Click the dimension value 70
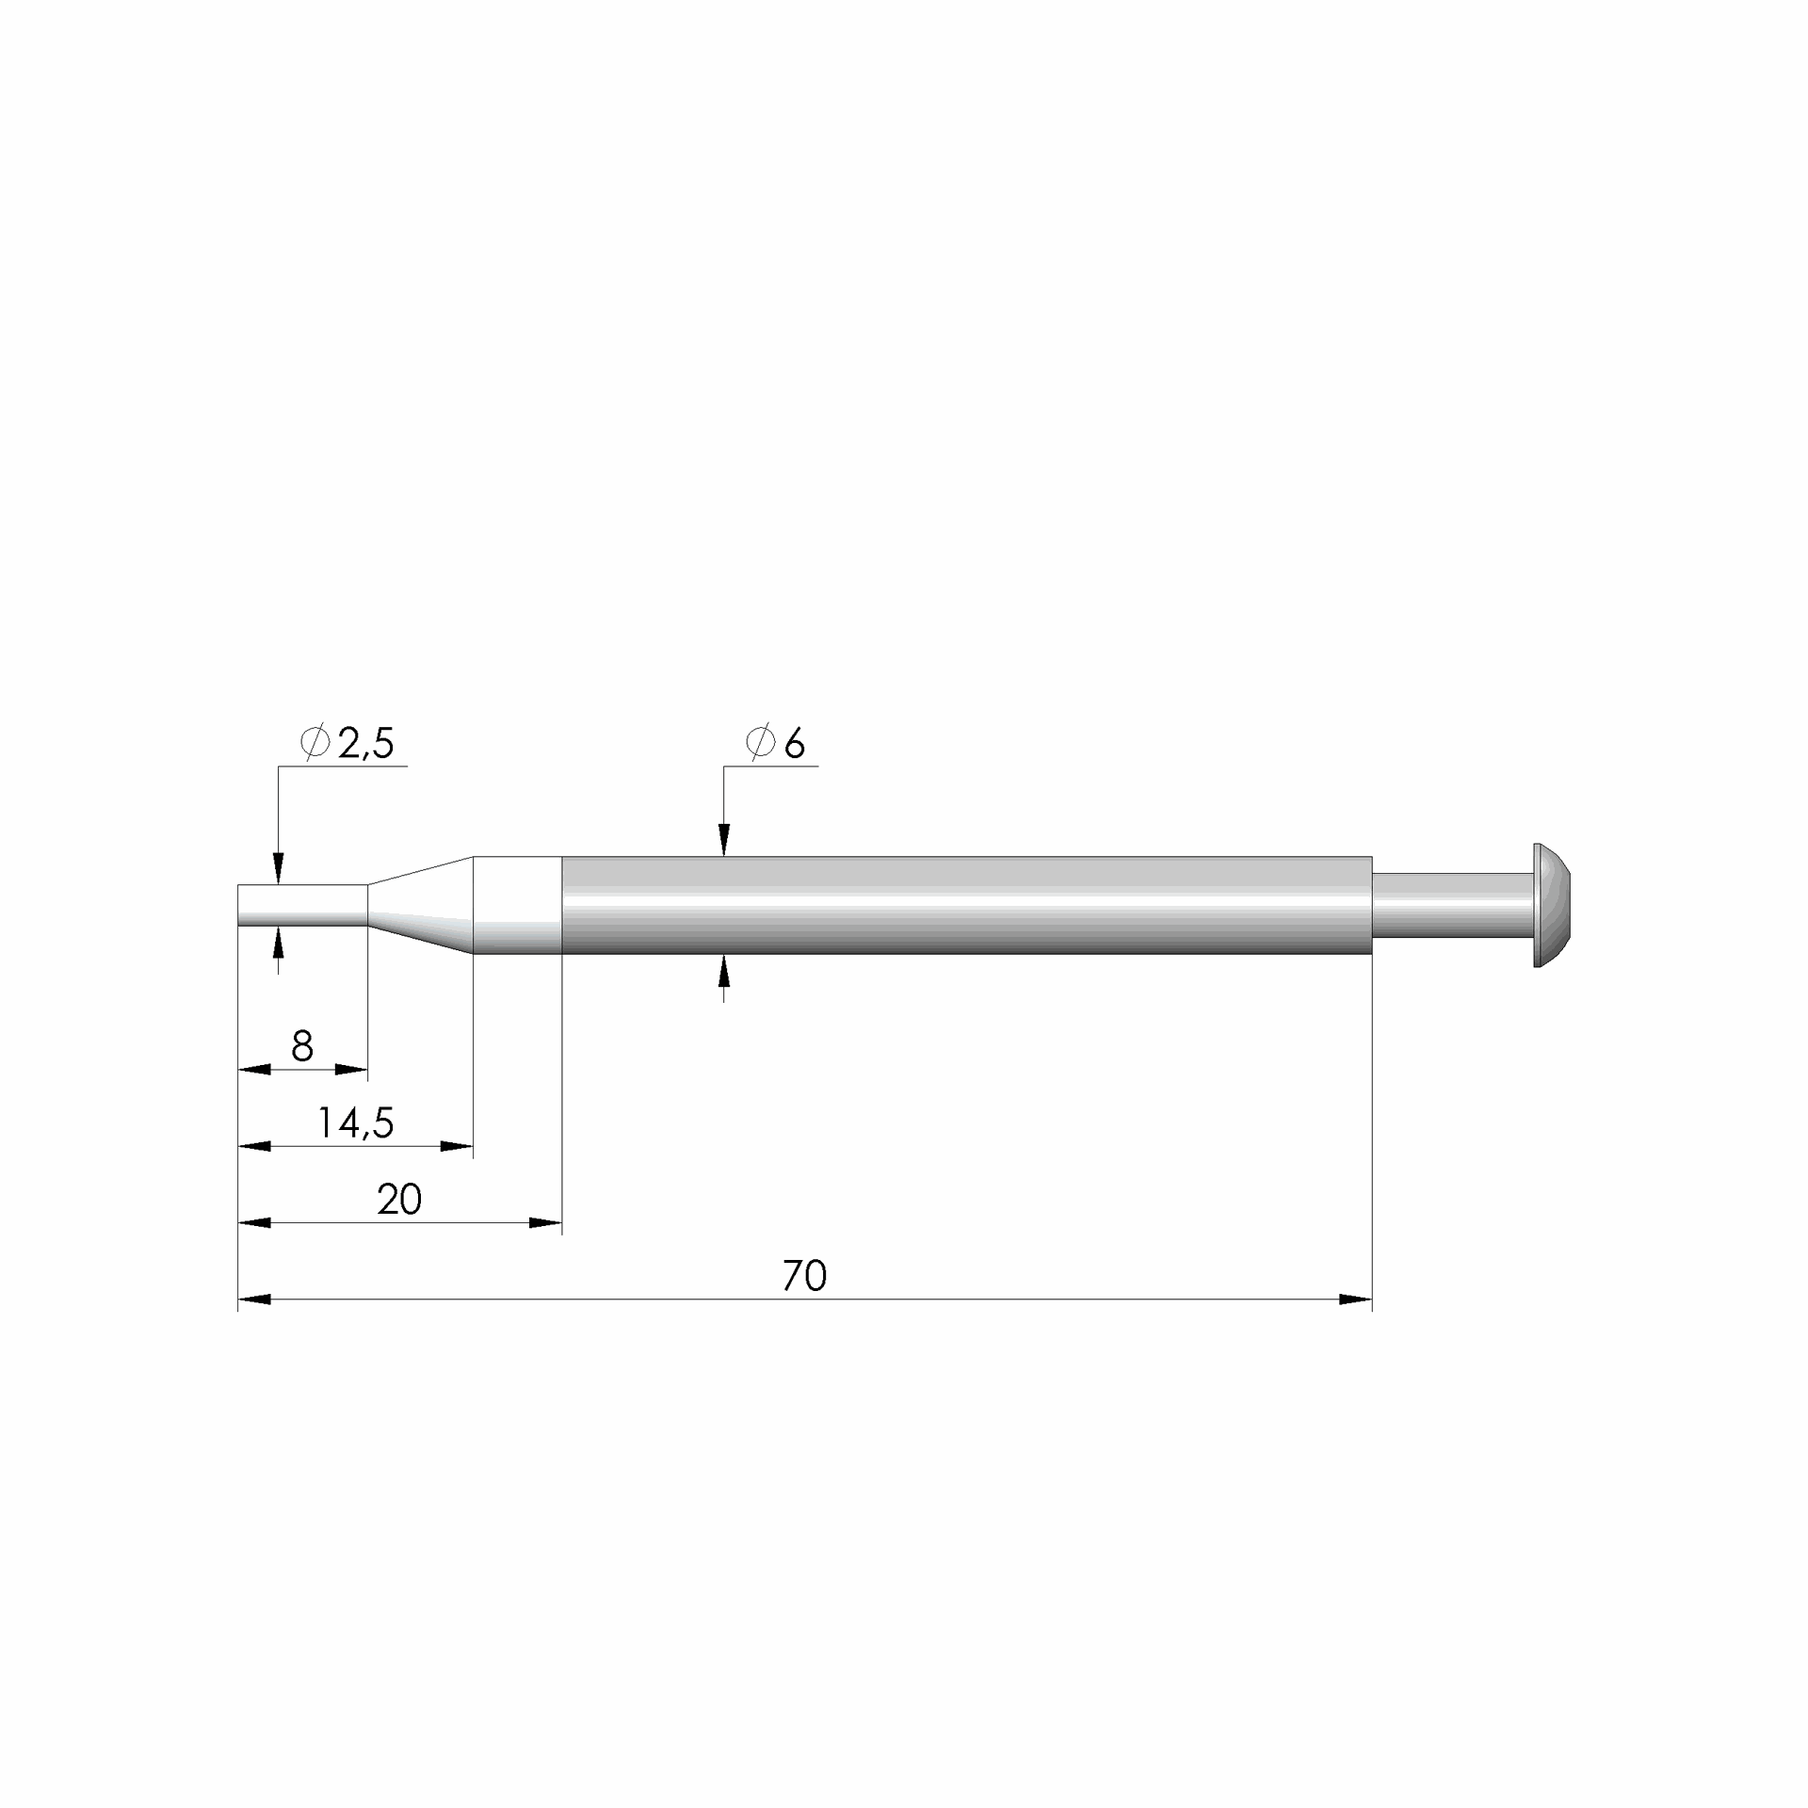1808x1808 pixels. (804, 1276)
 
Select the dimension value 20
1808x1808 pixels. (399, 1200)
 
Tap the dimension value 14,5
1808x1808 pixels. (355, 1123)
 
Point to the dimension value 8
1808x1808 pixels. (302, 1046)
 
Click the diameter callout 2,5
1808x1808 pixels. (347, 744)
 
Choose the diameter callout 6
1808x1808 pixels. (776, 744)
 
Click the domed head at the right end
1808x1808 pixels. (1553, 905)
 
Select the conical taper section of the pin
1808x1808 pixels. (420, 905)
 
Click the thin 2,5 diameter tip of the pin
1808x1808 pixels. (302, 906)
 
